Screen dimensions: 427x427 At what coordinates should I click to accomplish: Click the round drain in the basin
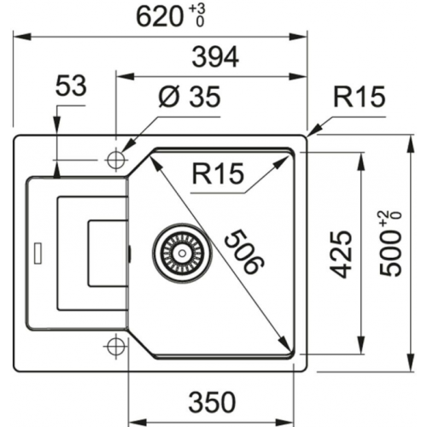click(179, 253)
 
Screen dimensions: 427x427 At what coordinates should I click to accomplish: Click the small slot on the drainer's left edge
click(37, 254)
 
